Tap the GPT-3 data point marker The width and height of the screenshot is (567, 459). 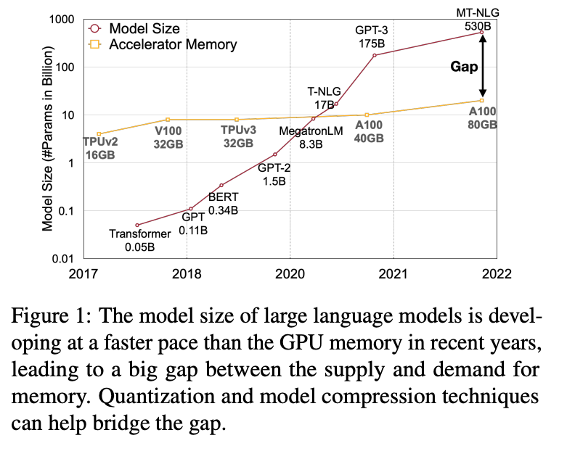[x=375, y=55]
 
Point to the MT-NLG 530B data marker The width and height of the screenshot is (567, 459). [x=481, y=33]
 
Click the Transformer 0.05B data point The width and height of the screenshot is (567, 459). [x=137, y=225]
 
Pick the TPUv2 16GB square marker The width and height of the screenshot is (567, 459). [x=99, y=134]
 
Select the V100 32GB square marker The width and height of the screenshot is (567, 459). [x=168, y=120]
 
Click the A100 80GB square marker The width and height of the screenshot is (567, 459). [x=481, y=100]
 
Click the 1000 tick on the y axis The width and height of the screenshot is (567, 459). [x=64, y=20]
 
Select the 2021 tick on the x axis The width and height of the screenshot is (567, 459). [x=393, y=274]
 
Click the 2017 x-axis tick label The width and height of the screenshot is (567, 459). [x=85, y=274]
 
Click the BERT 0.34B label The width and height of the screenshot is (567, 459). [x=223, y=204]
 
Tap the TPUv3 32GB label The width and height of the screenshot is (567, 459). [x=237, y=137]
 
